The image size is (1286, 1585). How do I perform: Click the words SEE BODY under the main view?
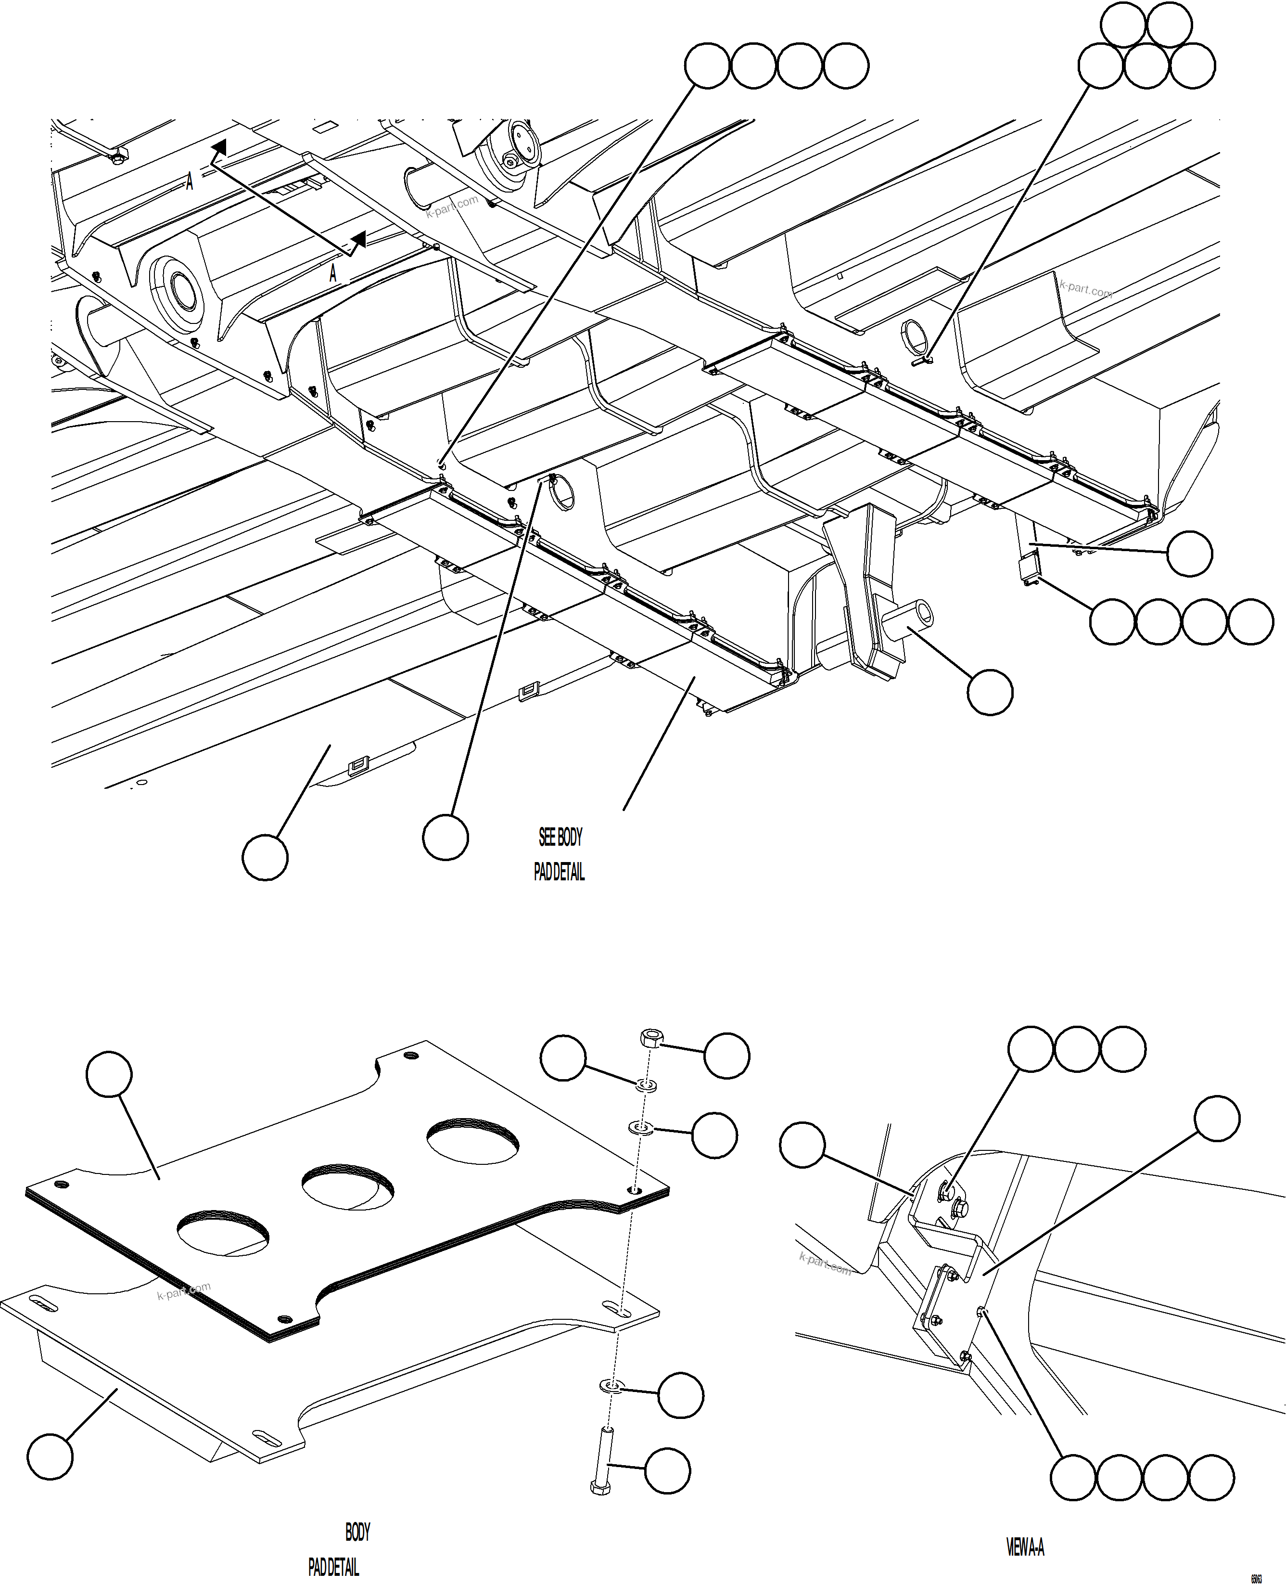[560, 838]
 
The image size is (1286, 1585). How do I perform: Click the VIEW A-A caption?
[1025, 1547]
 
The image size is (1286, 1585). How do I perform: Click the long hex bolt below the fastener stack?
[602, 1460]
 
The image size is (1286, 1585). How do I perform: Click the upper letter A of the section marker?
[190, 181]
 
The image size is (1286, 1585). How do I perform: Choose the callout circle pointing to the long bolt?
[667, 1471]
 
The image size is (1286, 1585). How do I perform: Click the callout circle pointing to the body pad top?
[109, 1074]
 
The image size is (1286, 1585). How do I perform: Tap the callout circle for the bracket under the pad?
[50, 1456]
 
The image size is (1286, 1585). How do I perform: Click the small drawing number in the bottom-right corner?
[1256, 1578]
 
